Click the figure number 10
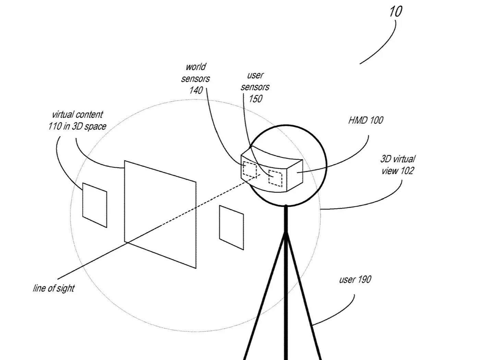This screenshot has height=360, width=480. [395, 12]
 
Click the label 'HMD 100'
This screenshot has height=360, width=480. [365, 120]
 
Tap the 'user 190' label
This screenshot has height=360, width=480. [355, 280]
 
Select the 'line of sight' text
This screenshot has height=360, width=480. [54, 288]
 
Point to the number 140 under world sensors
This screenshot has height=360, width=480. [196, 91]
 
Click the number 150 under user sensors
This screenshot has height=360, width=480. [255, 99]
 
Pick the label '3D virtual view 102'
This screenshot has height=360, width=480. [398, 165]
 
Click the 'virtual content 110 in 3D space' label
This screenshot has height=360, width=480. [77, 121]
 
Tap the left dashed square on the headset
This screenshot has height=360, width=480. [250, 169]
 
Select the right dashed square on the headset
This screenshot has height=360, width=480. [275, 178]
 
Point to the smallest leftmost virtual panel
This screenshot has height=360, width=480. [95, 205]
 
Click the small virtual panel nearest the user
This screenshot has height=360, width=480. [231, 227]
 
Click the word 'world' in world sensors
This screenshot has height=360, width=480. [196, 67]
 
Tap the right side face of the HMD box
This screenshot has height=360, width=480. [296, 175]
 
